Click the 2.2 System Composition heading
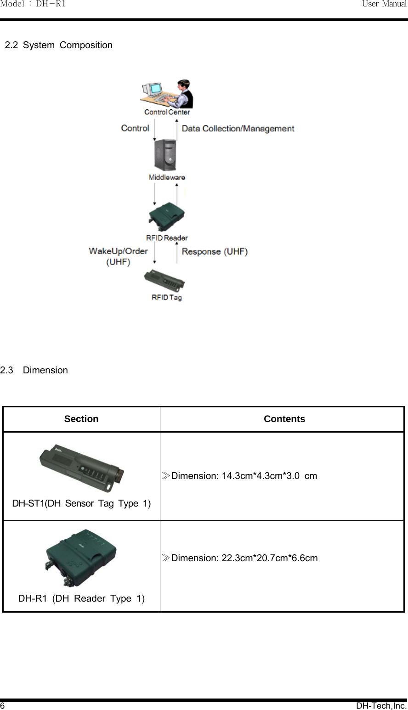[59, 45]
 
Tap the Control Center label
[167, 112]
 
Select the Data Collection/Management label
[238, 129]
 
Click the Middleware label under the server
[167, 177]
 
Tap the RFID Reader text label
[167, 238]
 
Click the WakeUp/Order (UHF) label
[118, 256]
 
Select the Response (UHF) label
[215, 252]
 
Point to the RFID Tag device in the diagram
[164, 280]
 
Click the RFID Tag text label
[167, 298]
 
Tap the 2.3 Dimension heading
[34, 370]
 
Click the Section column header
[81, 419]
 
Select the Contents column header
[284, 419]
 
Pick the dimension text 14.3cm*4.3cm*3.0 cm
[244, 476]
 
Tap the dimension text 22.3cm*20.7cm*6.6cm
[244, 558]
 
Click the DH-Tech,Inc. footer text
[381, 705]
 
